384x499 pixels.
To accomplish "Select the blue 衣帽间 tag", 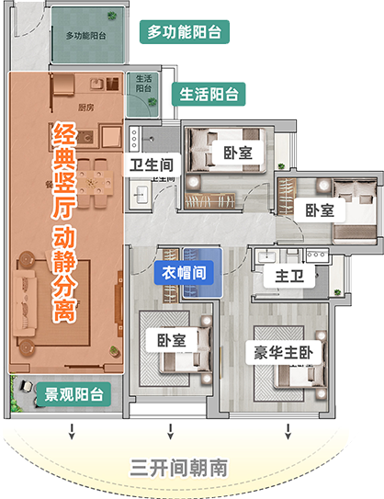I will [188, 273].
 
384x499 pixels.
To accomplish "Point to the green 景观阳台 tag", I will [73, 396].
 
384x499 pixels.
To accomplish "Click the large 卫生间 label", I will [152, 165].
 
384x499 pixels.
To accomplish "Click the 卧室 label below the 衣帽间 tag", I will [172, 340].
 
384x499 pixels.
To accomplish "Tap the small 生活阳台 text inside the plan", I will [142, 84].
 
